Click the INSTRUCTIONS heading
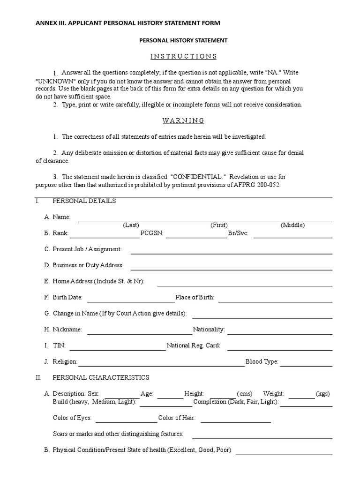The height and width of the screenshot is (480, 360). click(x=183, y=56)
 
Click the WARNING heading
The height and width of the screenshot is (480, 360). click(x=183, y=120)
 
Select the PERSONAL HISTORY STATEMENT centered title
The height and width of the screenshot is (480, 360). click(x=183, y=40)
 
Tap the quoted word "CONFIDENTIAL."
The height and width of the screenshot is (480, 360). click(x=199, y=177)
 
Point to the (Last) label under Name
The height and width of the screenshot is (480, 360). click(x=131, y=225)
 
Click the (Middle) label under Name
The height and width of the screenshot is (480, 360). click(x=292, y=225)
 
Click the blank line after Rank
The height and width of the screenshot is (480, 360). click(x=105, y=237)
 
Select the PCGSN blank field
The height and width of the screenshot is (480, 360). click(x=196, y=237)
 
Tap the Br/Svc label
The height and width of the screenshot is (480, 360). click(x=238, y=233)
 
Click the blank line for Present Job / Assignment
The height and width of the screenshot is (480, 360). click(x=232, y=252)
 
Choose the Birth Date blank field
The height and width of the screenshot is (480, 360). click(x=131, y=301)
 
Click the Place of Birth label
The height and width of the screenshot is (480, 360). click(x=195, y=297)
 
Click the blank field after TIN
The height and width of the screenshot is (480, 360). click(x=118, y=349)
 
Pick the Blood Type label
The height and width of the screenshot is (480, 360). click(x=262, y=361)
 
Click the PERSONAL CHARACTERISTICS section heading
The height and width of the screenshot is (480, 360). click(x=101, y=377)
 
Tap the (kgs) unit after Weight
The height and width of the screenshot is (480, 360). click(x=323, y=394)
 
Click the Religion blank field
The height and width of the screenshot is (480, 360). click(x=161, y=365)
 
